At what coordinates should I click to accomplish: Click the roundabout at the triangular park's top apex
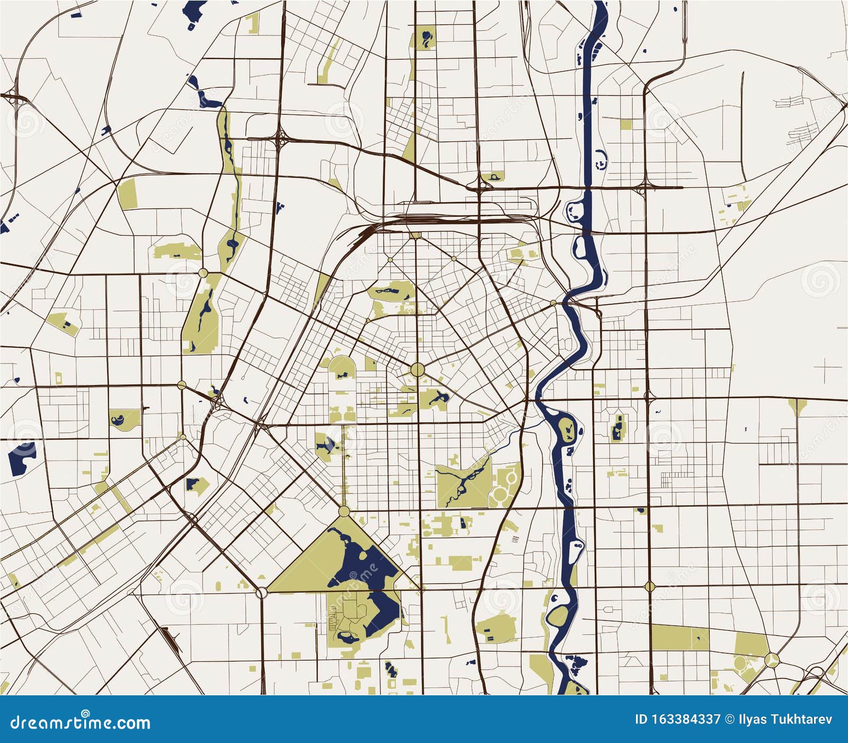344,511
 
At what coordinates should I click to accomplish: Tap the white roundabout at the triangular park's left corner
261,592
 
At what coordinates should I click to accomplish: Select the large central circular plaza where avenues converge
417,369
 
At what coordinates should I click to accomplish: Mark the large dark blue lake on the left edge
21,456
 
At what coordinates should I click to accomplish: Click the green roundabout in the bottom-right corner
772,660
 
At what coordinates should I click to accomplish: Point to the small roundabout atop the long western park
203,272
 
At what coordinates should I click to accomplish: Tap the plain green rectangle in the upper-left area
127,194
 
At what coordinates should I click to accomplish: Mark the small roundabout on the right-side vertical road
650,586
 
